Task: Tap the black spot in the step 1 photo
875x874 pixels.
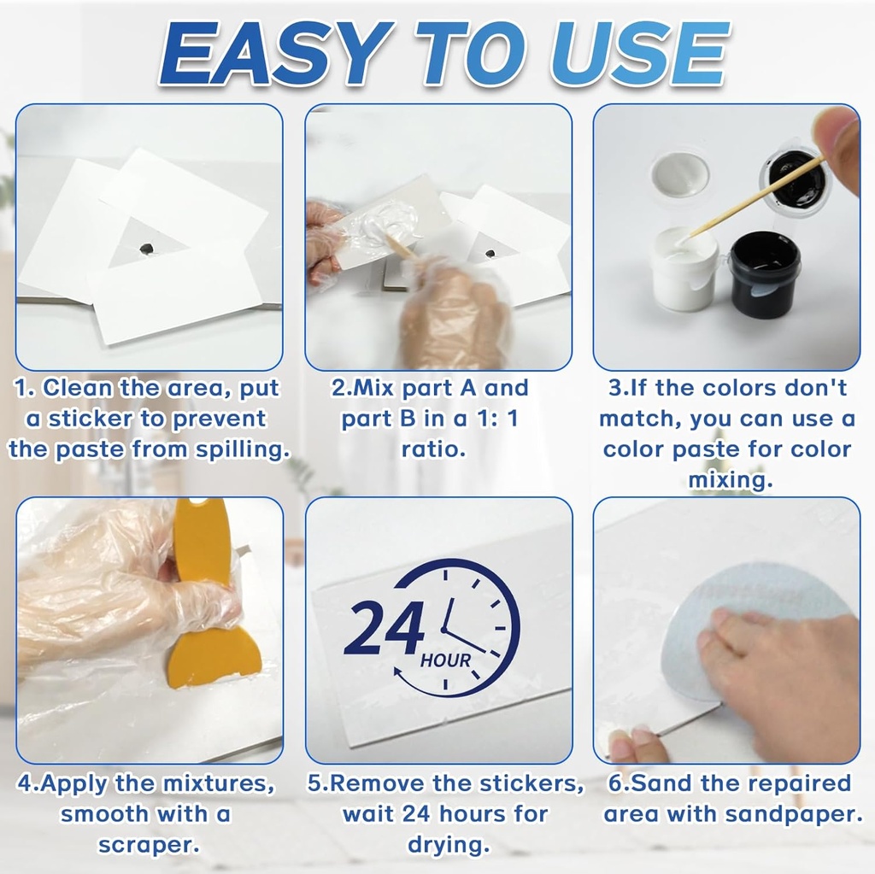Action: [146, 249]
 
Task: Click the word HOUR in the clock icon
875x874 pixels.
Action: [445, 660]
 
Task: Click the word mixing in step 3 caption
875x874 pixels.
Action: [726, 481]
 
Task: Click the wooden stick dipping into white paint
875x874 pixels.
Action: [752, 197]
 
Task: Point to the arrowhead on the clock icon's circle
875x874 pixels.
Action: [399, 673]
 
